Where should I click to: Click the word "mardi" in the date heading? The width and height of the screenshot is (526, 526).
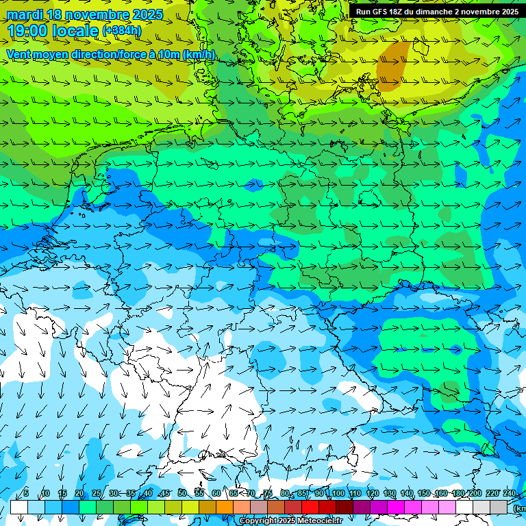coord(25,14)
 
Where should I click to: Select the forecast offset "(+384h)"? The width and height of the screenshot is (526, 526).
coord(122,31)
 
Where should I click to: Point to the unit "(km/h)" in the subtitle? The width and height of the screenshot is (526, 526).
coord(199,55)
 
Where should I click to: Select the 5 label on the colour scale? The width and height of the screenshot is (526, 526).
coord(26,493)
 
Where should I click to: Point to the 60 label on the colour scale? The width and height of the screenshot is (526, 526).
coord(216,493)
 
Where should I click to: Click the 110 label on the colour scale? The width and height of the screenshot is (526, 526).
coord(355,493)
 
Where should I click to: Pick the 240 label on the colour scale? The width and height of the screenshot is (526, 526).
coord(509,493)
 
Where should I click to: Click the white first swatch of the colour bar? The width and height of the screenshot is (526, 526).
coord(19,507)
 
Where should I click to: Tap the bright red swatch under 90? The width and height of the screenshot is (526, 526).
coord(327,507)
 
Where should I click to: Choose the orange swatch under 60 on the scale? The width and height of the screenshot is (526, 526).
coord(225,507)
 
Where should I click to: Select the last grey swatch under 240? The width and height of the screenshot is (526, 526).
coord(499,507)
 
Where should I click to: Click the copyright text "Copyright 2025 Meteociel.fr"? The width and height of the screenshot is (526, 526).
coord(290,521)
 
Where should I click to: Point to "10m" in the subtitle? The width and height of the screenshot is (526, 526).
coord(171,55)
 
